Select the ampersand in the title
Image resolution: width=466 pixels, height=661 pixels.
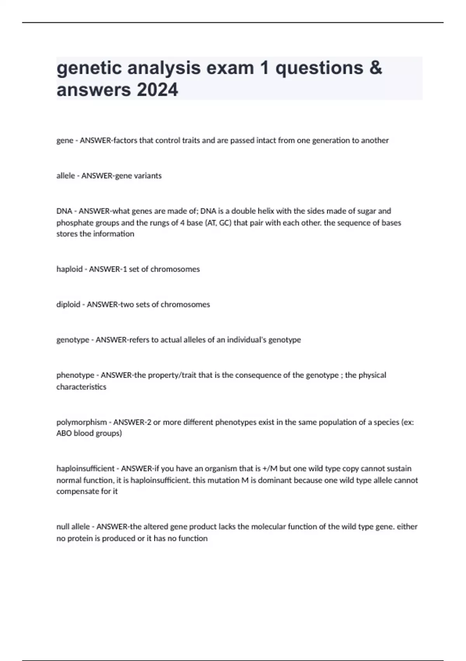[x=376, y=68]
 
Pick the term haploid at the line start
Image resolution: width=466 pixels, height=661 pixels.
[x=69, y=269]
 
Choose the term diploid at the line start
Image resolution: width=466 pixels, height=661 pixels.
[x=68, y=304]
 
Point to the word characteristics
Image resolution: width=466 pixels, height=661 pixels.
[x=81, y=387]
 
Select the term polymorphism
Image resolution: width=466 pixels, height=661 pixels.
[x=82, y=422]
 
